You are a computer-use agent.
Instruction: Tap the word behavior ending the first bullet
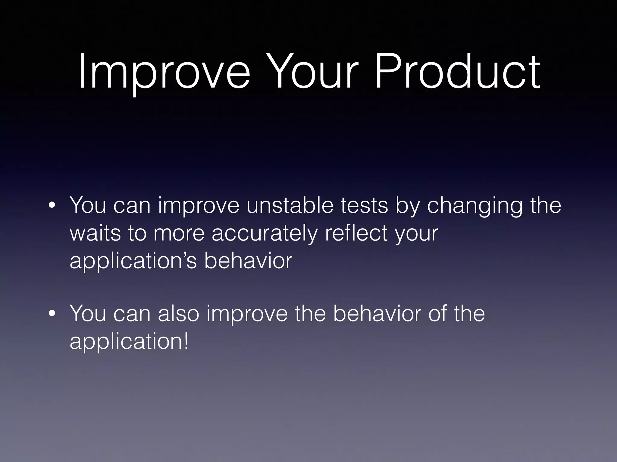click(x=248, y=260)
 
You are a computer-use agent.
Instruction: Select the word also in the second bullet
click(x=178, y=314)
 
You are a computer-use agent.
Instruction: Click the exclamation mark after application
click(x=186, y=341)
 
